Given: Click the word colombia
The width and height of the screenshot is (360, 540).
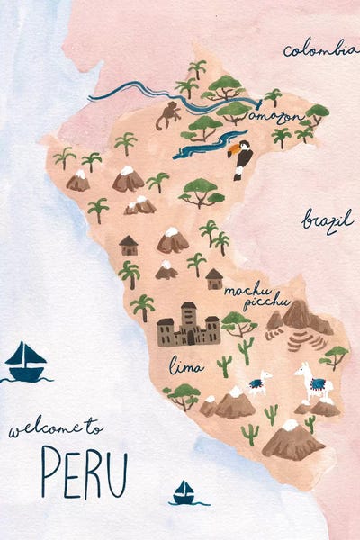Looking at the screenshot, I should [x=319, y=50].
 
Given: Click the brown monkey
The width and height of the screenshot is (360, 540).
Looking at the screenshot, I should [x=167, y=115].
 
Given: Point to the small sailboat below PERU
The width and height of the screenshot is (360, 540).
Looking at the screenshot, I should [x=184, y=492].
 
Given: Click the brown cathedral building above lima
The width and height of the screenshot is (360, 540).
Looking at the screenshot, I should [x=189, y=326].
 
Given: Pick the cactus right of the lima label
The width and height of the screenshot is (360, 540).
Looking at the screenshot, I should [x=224, y=364].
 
